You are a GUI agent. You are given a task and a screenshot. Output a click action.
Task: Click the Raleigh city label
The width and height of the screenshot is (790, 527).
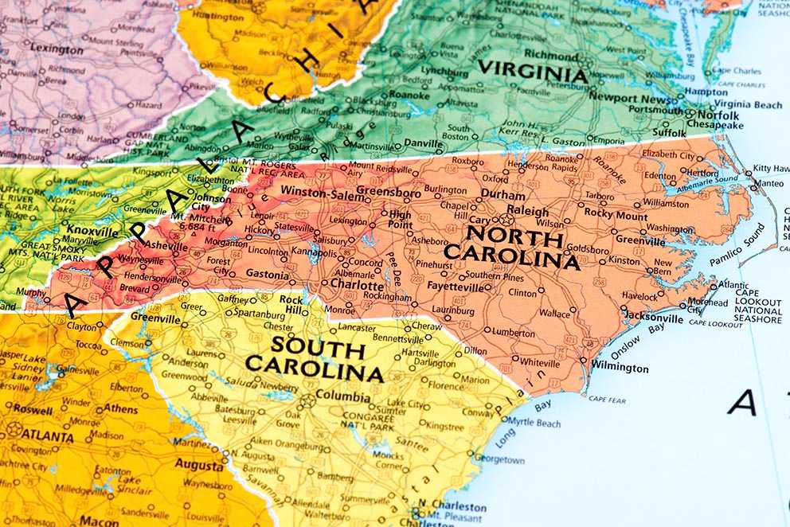click(x=528, y=211)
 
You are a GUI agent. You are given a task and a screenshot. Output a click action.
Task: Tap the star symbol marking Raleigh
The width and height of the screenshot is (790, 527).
click(x=506, y=218)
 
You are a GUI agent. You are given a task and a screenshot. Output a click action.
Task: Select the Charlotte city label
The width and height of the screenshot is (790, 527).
click(x=358, y=283)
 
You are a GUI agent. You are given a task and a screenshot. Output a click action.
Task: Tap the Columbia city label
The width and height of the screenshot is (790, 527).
click(x=343, y=396)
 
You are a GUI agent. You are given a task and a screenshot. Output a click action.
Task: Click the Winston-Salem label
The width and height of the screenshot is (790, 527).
click(x=314, y=193)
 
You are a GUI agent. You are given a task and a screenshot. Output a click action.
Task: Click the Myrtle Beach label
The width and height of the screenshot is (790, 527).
click(x=534, y=424)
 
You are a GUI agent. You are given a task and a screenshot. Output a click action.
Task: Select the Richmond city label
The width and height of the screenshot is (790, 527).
click(x=551, y=56)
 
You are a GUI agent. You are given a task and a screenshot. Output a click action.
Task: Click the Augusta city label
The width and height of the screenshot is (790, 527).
click(x=199, y=465)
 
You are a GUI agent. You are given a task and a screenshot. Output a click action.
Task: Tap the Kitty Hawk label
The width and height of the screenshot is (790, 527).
click(x=771, y=168)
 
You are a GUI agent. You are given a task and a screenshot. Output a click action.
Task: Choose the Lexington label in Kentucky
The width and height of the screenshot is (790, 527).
click(x=57, y=48)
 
